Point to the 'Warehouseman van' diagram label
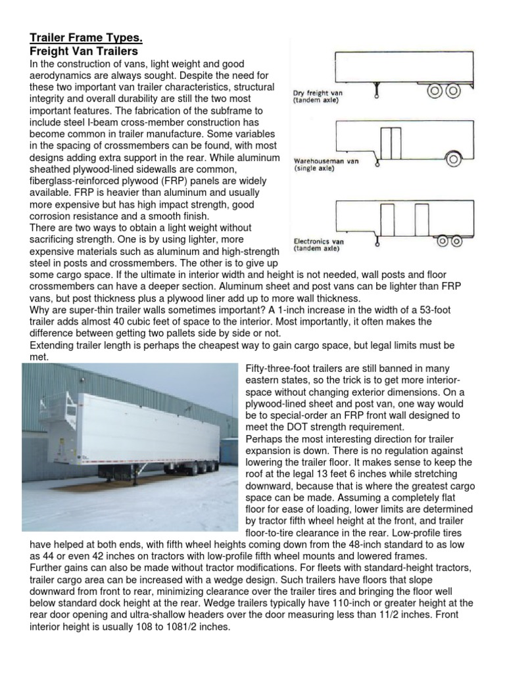coord(326,164)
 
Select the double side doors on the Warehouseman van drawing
coord(392,139)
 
